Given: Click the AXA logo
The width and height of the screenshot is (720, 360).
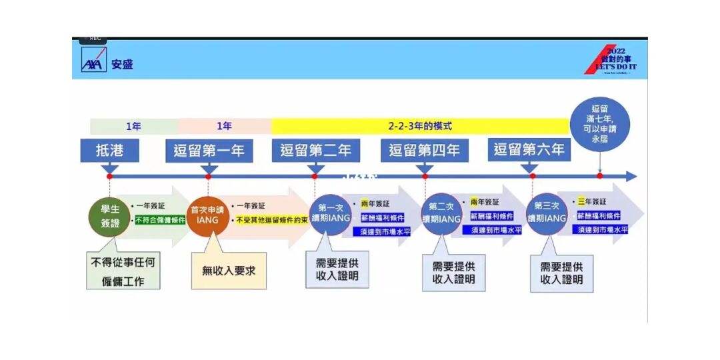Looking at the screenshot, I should click(x=91, y=63).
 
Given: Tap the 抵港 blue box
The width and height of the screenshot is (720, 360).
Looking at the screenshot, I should click(x=110, y=150).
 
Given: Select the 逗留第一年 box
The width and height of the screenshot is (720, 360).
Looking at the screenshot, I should click(x=209, y=150).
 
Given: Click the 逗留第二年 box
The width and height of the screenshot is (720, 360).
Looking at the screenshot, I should click(x=315, y=150).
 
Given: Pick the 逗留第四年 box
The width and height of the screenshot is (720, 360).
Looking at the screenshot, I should click(x=425, y=150).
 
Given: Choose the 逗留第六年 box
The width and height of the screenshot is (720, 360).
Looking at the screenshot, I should click(x=529, y=149).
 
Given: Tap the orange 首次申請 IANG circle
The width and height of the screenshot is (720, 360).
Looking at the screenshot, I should click(x=207, y=215).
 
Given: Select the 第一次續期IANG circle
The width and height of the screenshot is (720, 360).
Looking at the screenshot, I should click(x=330, y=214).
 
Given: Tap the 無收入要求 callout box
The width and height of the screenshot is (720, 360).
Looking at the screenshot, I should click(x=229, y=271).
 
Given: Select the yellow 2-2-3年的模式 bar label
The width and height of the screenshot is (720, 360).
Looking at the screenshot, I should click(x=420, y=125).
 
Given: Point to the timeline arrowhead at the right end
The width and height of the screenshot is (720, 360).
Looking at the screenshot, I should click(x=631, y=176).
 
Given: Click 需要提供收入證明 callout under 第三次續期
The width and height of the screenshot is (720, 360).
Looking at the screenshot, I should click(x=562, y=273).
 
